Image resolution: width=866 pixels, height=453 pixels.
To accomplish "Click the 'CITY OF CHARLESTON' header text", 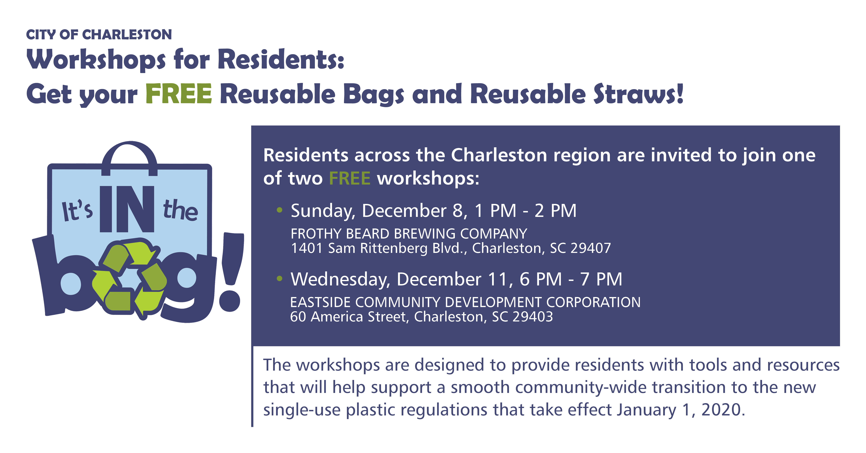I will click(x=99, y=35).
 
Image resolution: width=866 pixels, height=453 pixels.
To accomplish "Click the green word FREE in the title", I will click(x=179, y=94).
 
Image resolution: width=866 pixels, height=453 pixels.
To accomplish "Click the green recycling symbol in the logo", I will click(x=129, y=277).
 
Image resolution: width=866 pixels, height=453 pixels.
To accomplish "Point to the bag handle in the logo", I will click(x=129, y=153).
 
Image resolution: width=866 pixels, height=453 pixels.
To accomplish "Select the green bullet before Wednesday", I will click(x=279, y=279).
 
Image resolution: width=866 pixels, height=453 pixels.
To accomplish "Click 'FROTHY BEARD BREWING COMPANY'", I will click(x=408, y=234).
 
